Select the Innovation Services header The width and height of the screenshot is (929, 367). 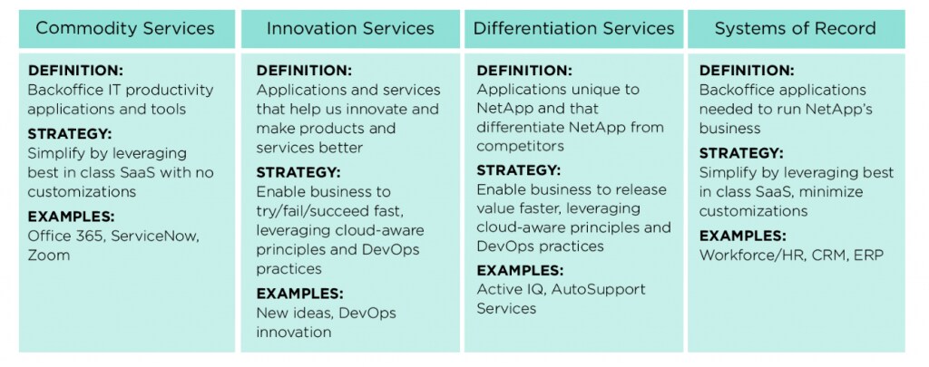[350, 28]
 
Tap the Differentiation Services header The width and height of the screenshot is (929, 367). [573, 28]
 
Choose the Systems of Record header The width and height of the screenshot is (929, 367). [796, 28]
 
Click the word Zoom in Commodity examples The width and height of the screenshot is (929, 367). [49, 256]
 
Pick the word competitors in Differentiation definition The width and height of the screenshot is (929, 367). [520, 146]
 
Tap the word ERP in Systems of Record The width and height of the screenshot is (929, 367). [868, 256]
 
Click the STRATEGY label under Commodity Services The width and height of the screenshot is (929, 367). [69, 134]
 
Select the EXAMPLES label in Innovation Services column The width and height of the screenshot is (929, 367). [299, 294]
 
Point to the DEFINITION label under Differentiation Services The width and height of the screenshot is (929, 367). [524, 71]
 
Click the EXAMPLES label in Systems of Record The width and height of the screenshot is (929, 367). [743, 236]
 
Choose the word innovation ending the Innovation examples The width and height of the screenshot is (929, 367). [294, 332]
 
